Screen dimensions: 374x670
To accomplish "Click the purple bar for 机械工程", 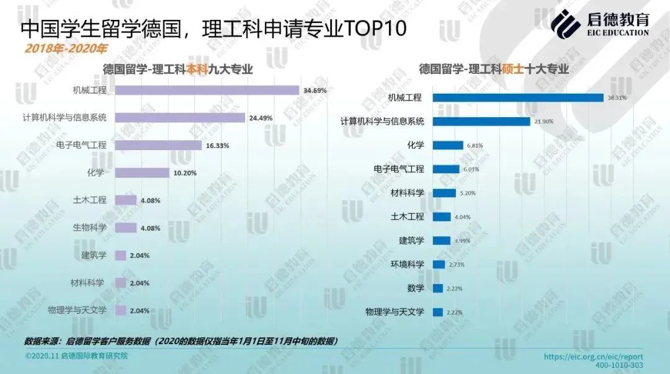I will click(x=207, y=90).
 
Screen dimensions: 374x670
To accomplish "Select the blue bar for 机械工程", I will click(x=518, y=97).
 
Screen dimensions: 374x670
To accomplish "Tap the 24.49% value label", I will click(x=261, y=118).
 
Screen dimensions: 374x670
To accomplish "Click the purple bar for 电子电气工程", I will click(x=159, y=145).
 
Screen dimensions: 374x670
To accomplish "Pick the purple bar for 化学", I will click(x=142, y=172).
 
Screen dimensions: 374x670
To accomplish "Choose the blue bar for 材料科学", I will click(x=444, y=193).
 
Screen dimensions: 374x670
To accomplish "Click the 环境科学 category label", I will click(x=407, y=264).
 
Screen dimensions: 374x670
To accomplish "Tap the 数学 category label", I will click(x=416, y=288).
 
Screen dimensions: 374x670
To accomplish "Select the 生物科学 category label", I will click(x=89, y=228).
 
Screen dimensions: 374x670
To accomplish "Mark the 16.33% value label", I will click(x=218, y=146).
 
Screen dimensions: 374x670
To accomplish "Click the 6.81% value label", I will click(x=475, y=146).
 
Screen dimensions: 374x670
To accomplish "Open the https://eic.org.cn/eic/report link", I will click(x=593, y=357).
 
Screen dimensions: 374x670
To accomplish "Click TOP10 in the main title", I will click(x=376, y=28).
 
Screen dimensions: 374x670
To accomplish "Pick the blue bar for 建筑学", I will click(x=441, y=241).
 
